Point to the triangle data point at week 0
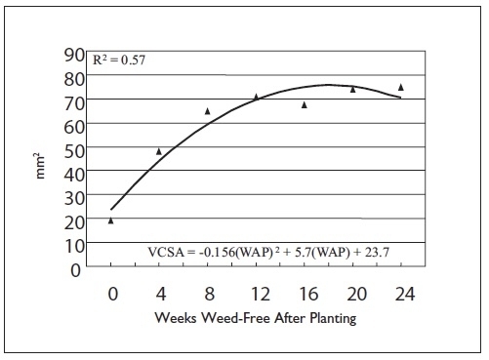click(111, 220)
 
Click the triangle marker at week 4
click(159, 151)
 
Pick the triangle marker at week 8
click(207, 111)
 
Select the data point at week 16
click(305, 104)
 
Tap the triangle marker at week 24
click(400, 87)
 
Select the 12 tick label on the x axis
click(256, 293)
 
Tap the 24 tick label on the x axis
click(400, 293)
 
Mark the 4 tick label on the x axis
click(159, 293)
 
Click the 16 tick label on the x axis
click(305, 293)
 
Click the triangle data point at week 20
click(352, 90)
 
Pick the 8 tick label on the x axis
click(208, 293)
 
